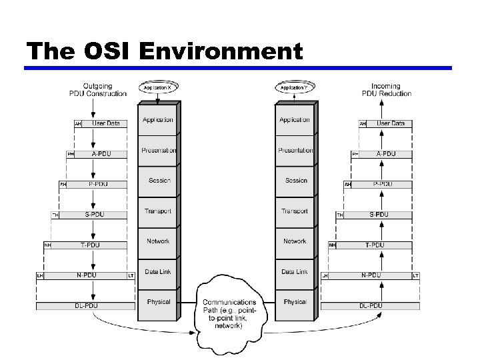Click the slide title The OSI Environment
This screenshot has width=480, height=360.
163,51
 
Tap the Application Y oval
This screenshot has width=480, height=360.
295,87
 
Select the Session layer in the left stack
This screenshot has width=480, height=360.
159,181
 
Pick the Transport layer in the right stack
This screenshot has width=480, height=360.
295,211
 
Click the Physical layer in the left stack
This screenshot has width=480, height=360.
159,302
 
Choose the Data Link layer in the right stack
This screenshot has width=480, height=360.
295,272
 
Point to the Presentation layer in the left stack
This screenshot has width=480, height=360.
159,151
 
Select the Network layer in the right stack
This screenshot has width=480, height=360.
295,241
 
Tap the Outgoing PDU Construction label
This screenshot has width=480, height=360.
97,89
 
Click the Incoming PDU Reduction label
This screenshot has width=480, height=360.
386,89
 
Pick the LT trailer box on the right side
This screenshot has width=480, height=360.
416,275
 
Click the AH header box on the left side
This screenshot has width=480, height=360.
78,124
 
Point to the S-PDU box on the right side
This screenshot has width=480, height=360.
378,215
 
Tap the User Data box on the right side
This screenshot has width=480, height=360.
390,123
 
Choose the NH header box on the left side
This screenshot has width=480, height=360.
48,245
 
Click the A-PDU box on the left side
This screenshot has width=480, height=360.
101,154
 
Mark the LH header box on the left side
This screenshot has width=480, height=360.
40,275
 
